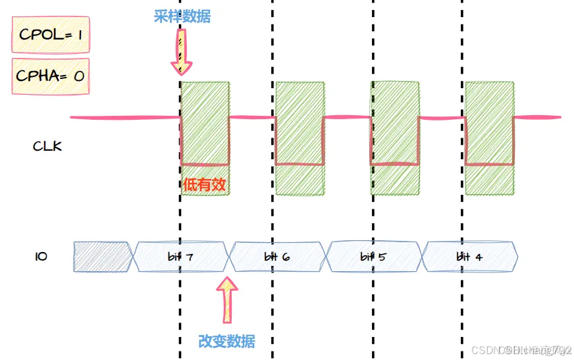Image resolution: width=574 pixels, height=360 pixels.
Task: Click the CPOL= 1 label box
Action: pyautogui.click(x=49, y=34)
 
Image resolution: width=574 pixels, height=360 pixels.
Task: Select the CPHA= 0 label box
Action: pyautogui.click(x=49, y=76)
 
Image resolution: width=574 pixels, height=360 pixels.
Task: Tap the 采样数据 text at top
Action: pyautogui.click(x=182, y=16)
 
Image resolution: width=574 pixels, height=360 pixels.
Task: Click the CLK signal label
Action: pyautogui.click(x=47, y=146)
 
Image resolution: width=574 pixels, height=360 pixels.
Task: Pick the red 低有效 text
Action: pyautogui.click(x=205, y=185)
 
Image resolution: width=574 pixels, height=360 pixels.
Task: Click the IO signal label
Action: pyautogui.click(x=40, y=256)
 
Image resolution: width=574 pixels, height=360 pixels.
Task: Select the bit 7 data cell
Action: pyautogui.click(x=181, y=257)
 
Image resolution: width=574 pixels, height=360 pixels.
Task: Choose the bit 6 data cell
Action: pyautogui.click(x=277, y=257)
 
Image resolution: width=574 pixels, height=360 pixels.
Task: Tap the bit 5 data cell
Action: pyautogui.click(x=373, y=257)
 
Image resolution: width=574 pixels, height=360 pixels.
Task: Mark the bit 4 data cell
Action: pyautogui.click(x=469, y=257)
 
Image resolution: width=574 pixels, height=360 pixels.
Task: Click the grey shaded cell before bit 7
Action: pyautogui.click(x=103, y=257)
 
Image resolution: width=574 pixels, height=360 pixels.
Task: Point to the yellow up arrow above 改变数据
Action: pyautogui.click(x=228, y=299)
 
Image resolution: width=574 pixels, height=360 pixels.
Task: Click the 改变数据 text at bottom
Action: pyautogui.click(x=226, y=341)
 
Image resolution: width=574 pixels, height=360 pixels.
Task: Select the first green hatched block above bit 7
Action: pyautogui.click(x=205, y=125)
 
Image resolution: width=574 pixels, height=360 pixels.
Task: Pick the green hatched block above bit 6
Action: pyautogui.click(x=300, y=138)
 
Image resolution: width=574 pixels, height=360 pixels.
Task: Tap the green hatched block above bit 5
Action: pyautogui.click(x=395, y=138)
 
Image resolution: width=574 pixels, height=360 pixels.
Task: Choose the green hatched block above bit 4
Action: pyautogui.click(x=489, y=138)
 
